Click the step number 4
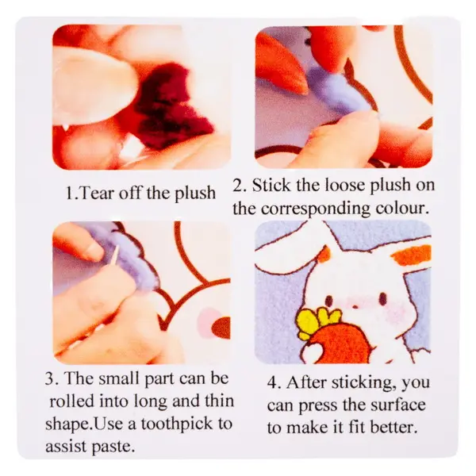click(x=273, y=383)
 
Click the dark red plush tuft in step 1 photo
click(x=171, y=103)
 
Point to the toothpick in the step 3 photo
click(x=114, y=255)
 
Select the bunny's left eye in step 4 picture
click(x=328, y=300)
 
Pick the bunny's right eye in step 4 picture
click(x=382, y=298)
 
